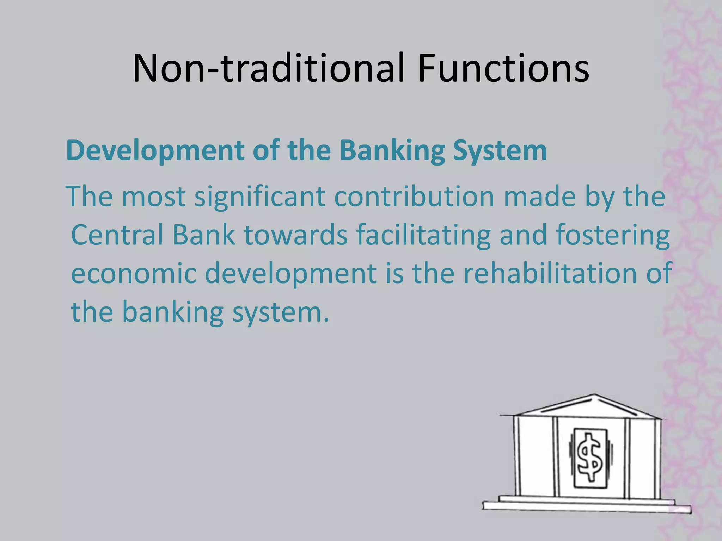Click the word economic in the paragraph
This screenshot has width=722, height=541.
pos(134,274)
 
